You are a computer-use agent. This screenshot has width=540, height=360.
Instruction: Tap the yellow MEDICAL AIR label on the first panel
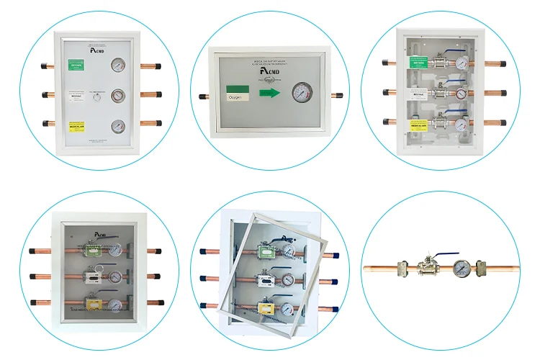click(76, 125)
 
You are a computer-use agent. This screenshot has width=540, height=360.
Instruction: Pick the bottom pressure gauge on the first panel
click(117, 125)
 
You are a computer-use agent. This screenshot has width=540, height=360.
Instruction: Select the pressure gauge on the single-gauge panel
click(300, 94)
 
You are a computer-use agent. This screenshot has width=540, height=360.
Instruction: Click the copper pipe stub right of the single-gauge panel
click(336, 94)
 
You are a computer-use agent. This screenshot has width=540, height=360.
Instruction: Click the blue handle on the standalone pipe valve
click(441, 255)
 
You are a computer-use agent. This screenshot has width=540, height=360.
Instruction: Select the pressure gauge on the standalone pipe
click(460, 269)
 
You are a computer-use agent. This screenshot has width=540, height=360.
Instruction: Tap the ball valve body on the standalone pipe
click(428, 269)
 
